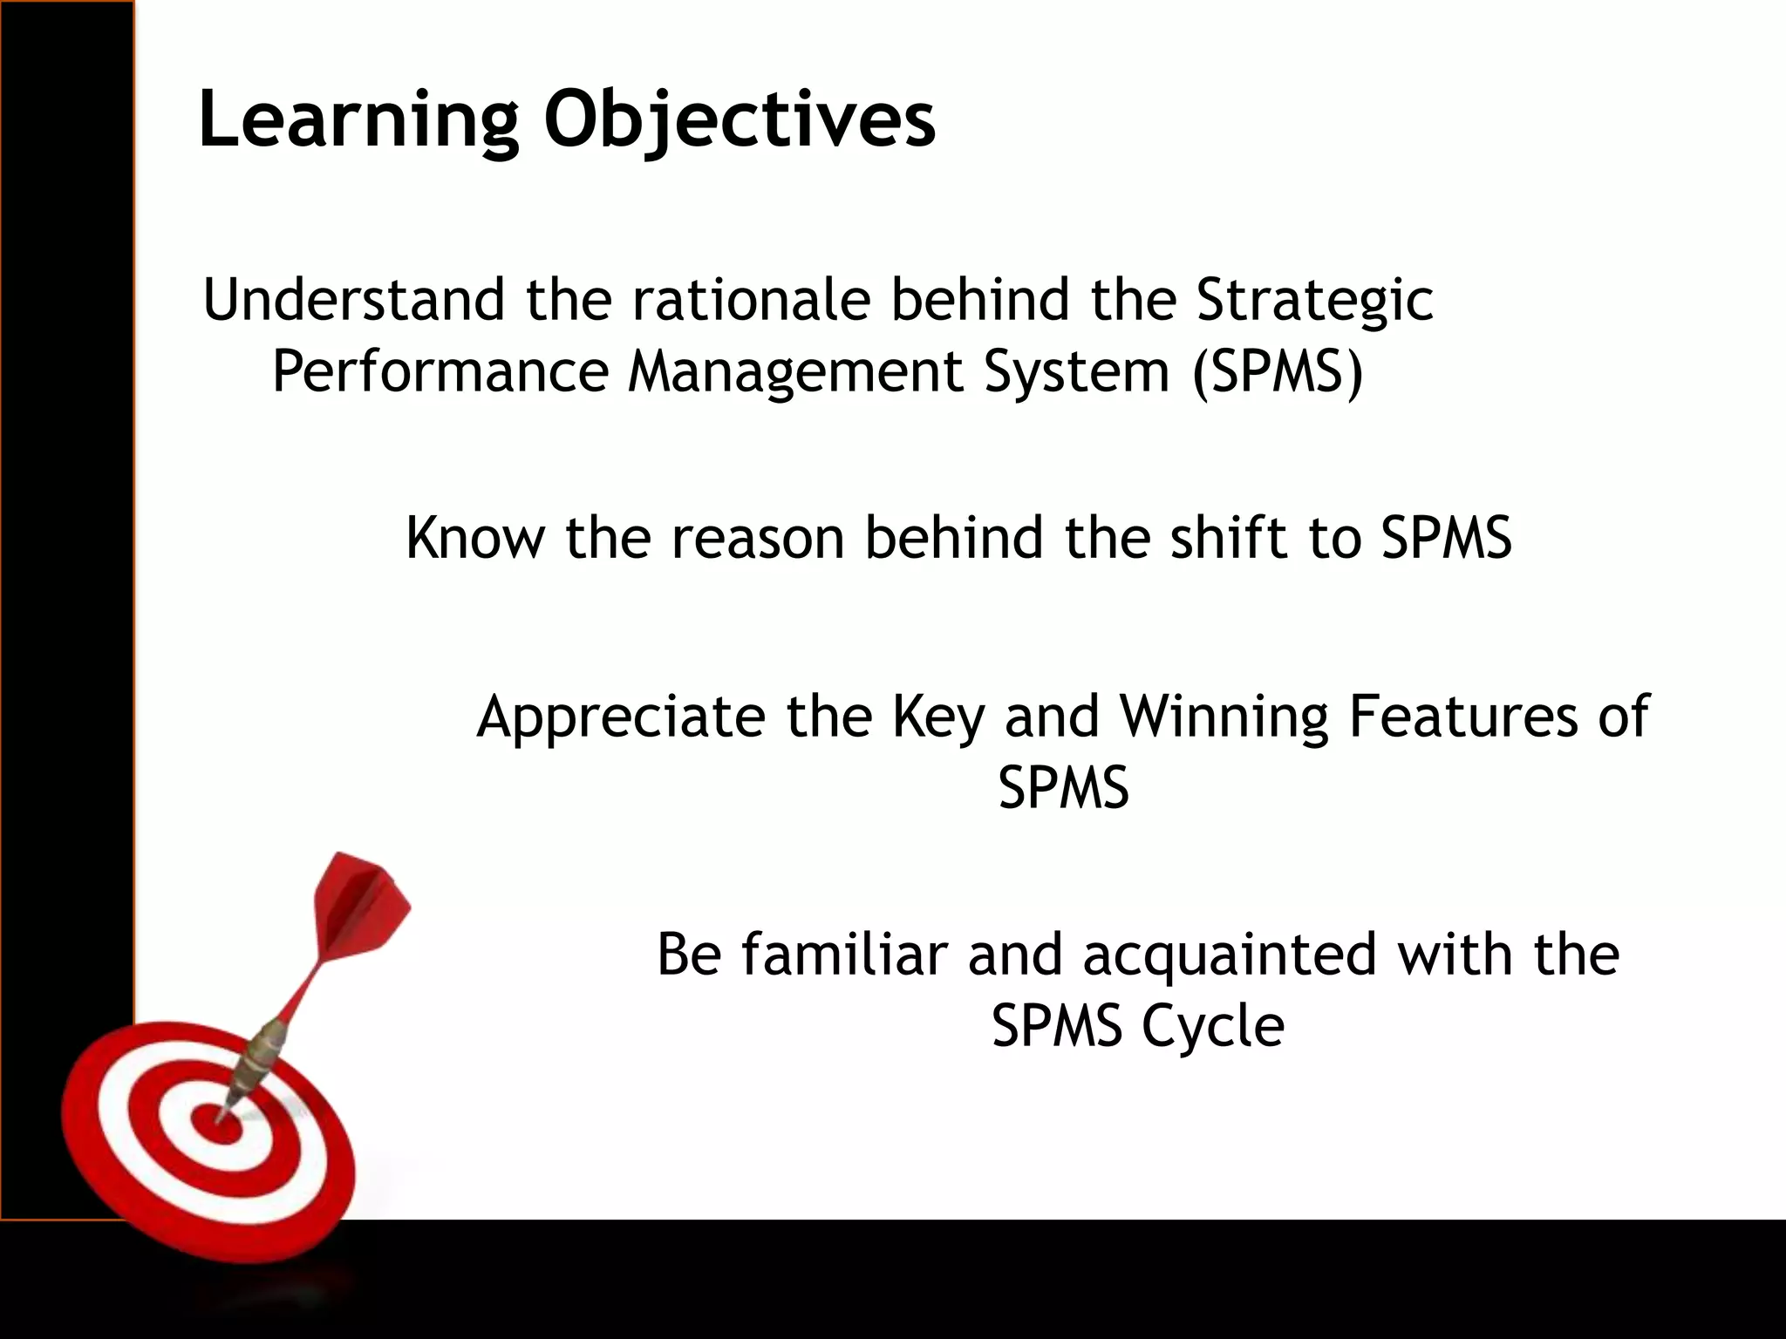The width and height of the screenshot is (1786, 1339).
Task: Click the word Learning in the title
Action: (358, 119)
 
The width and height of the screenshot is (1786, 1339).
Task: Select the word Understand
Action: (353, 299)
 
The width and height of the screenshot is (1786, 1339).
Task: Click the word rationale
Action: (751, 299)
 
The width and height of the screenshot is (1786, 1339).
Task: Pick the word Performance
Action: (440, 371)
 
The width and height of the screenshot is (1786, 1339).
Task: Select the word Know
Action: (474, 537)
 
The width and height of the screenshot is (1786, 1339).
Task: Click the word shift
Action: (1229, 537)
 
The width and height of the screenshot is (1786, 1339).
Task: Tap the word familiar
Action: (844, 954)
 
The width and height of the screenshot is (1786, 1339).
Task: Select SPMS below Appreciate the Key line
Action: (1063, 787)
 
